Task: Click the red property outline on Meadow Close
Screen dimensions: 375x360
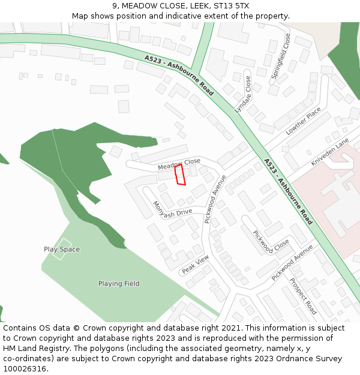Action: point(179,175)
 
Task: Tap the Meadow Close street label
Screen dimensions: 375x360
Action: point(179,163)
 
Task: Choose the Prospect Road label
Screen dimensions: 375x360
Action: point(302,296)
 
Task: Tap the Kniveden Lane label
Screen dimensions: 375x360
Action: point(329,152)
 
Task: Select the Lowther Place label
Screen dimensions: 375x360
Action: point(303,121)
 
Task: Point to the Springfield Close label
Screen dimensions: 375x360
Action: point(281,56)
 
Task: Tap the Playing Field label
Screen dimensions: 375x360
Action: point(119,284)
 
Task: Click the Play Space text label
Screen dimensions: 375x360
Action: point(62,249)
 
